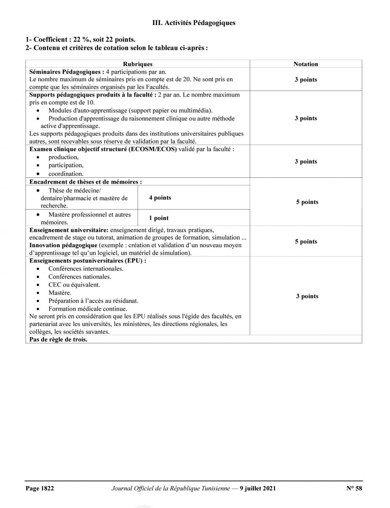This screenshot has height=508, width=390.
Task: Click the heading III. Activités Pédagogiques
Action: (194, 23)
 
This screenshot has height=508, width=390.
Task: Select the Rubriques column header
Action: (137, 64)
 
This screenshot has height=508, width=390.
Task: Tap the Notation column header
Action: (306, 64)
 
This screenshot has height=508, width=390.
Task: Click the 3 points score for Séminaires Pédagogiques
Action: (306, 80)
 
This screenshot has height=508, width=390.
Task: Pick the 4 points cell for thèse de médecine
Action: (160, 198)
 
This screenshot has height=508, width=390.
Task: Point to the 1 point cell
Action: (159, 218)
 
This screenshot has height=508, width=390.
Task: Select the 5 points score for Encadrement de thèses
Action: (307, 202)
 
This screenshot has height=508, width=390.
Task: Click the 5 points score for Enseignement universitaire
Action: (306, 241)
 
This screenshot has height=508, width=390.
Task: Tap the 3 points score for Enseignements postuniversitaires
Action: (307, 296)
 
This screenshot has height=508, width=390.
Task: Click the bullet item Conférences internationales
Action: (86, 268)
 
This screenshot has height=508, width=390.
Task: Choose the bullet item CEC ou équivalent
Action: (74, 284)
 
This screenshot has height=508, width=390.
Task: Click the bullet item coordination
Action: (66, 174)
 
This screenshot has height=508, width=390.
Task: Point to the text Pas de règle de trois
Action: (58, 340)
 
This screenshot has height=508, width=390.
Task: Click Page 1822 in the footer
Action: (40, 488)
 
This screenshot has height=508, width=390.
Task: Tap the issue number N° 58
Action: (354, 488)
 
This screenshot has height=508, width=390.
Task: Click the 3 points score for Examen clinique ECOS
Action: (306, 161)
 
